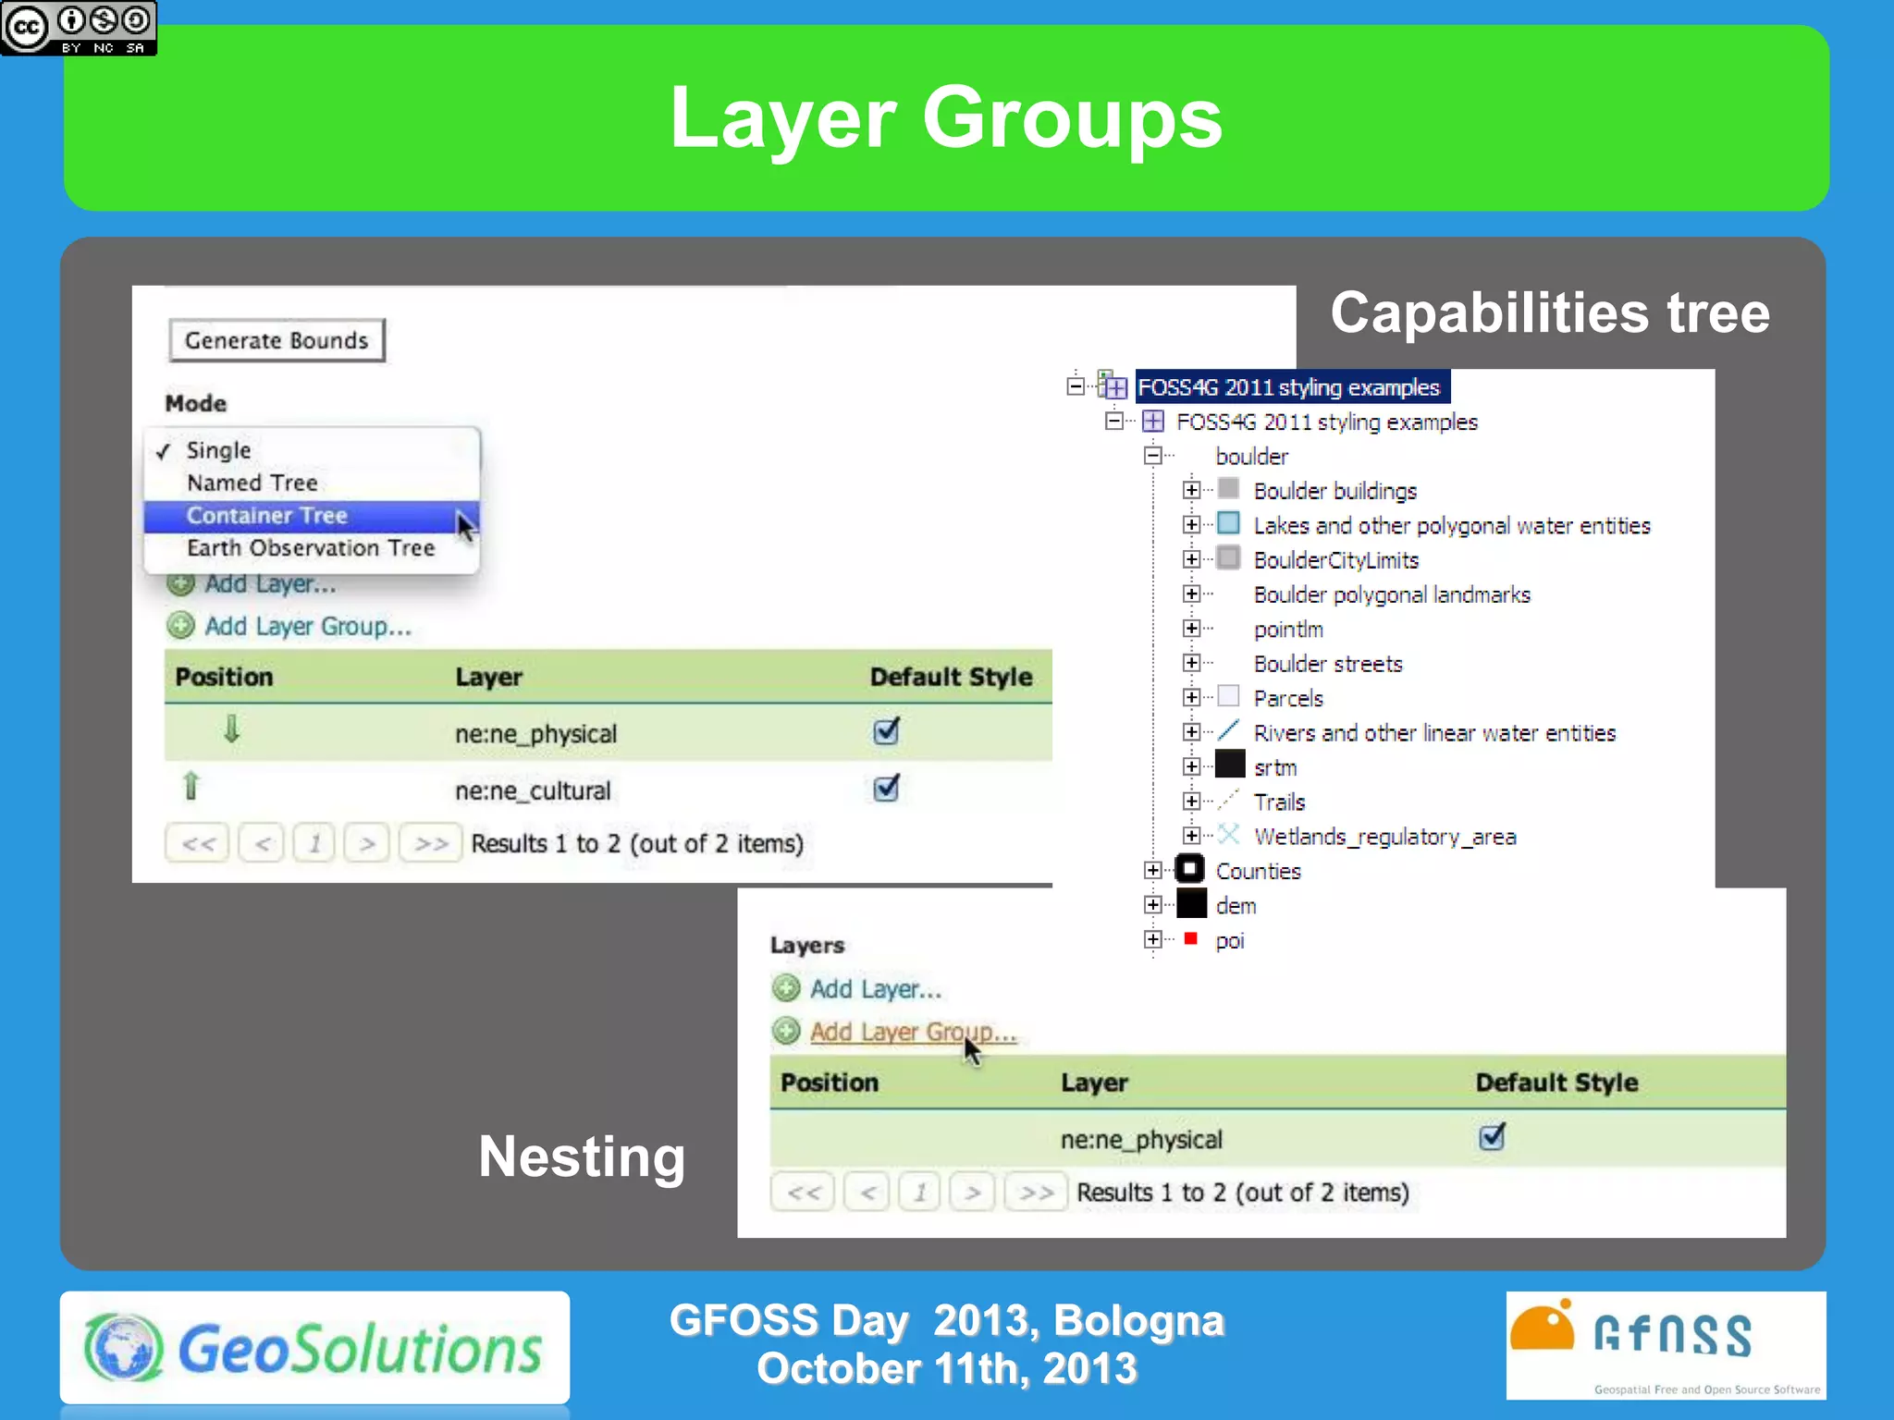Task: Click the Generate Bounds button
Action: (x=277, y=340)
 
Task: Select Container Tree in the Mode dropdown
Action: (x=266, y=515)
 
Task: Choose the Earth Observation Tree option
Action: (x=310, y=547)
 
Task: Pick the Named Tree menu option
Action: (x=252, y=483)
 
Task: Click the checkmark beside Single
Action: (x=164, y=451)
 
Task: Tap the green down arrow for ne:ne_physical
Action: (x=231, y=729)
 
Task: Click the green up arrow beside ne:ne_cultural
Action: (x=191, y=786)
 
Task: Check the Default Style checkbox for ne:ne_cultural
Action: (x=886, y=789)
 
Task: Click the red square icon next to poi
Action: (x=1191, y=939)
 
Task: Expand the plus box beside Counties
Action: (x=1152, y=870)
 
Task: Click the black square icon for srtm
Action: (x=1229, y=765)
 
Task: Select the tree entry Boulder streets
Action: (x=1327, y=664)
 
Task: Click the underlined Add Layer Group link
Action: (x=912, y=1032)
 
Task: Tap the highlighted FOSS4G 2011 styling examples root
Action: (x=1288, y=387)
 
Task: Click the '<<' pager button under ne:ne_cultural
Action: (x=198, y=843)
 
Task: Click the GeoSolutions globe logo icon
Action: (x=124, y=1348)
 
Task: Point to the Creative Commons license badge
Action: (x=79, y=28)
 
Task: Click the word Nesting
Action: (x=582, y=1157)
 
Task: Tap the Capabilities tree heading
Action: (x=1550, y=312)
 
